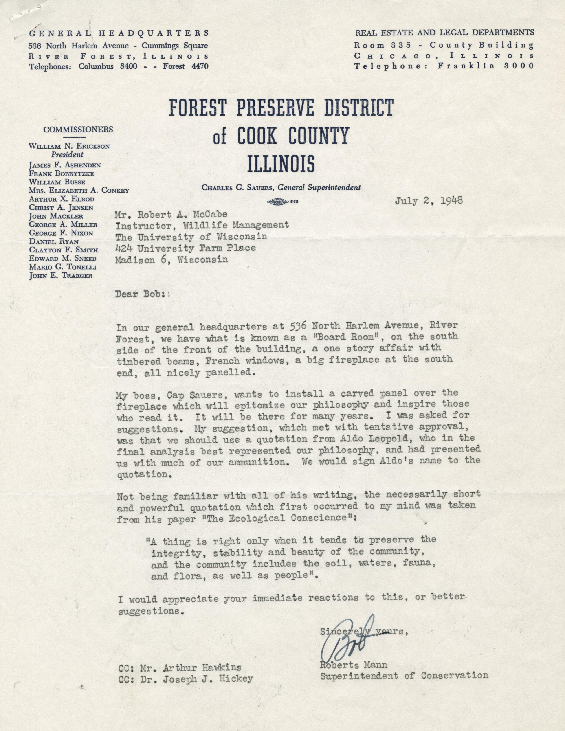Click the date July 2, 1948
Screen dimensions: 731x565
(429, 201)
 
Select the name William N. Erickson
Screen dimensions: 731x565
(69, 146)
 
